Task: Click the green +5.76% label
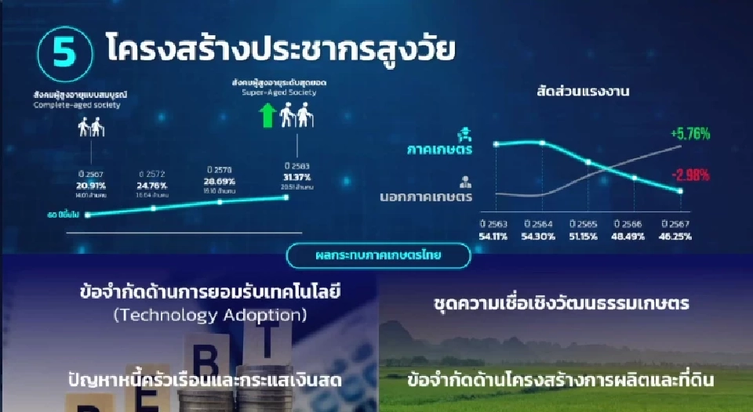(x=690, y=134)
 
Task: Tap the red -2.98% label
(x=690, y=173)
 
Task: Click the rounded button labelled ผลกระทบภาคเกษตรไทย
(x=378, y=255)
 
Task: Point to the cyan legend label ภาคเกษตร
(x=438, y=147)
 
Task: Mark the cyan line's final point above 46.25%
(x=680, y=191)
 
